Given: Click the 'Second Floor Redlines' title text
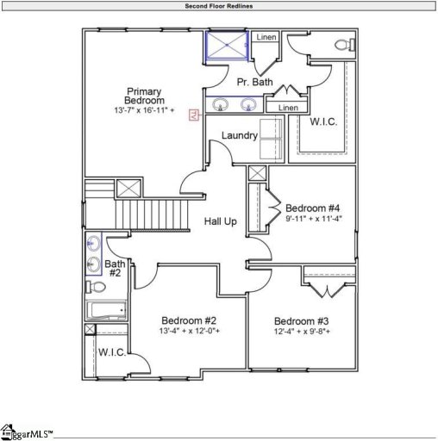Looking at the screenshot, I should (x=219, y=5).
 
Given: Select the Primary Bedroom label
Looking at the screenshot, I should (x=144, y=96).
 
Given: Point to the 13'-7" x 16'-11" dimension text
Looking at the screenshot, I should (x=144, y=111).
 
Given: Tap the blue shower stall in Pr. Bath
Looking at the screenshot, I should (x=226, y=47).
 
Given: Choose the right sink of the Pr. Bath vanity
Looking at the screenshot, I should (x=249, y=106).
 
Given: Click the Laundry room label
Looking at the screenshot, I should (x=239, y=136).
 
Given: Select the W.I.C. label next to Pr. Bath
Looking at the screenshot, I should (x=323, y=121).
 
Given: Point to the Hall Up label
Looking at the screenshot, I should (x=220, y=221).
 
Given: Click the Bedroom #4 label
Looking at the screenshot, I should (x=313, y=208).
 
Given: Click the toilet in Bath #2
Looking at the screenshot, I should (x=97, y=287).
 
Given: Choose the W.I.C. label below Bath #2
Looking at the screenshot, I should (x=112, y=352).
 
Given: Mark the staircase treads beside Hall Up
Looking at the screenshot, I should (x=152, y=212).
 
